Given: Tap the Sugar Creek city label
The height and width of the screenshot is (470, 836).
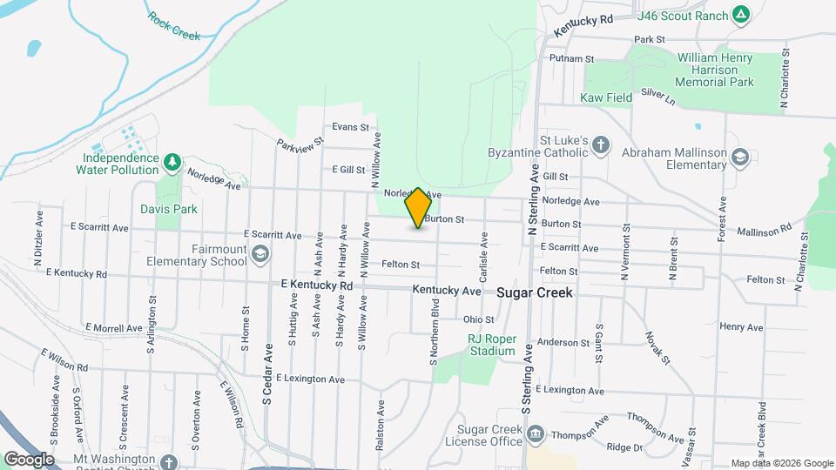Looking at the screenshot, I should [x=535, y=293].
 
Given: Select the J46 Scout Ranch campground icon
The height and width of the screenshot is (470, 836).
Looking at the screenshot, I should [x=740, y=15].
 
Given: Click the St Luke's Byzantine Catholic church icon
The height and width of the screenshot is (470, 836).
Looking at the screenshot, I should [x=601, y=145].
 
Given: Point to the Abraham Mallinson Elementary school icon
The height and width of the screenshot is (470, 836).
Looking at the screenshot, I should [x=740, y=158].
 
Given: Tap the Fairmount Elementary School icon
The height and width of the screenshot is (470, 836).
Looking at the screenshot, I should [x=260, y=254].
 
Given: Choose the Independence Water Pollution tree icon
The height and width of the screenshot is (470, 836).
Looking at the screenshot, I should [x=172, y=160].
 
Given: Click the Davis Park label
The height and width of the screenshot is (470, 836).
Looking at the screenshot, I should [x=169, y=209].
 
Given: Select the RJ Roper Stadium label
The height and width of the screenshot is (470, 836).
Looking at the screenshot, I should [x=492, y=345].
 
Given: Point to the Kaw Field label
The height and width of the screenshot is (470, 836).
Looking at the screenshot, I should [x=606, y=98].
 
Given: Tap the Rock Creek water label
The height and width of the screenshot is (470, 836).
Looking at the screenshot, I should [x=173, y=26].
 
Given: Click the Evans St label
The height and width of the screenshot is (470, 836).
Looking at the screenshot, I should [x=351, y=127].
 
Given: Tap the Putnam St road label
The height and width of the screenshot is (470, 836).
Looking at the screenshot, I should [x=571, y=59].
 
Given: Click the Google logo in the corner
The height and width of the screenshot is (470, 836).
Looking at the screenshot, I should [x=29, y=459].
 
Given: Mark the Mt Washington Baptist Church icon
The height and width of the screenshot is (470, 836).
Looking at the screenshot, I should [x=170, y=462].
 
